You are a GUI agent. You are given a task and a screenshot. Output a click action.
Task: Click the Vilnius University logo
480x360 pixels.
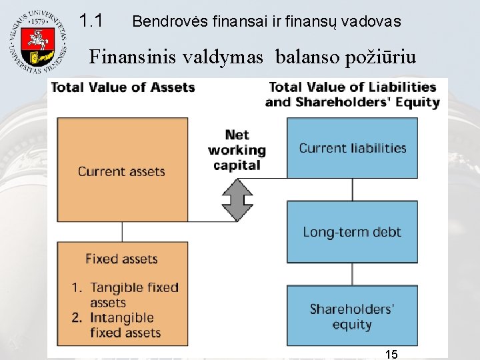pyautogui.click(x=38, y=42)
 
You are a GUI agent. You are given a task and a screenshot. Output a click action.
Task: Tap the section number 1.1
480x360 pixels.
pyautogui.click(x=91, y=21)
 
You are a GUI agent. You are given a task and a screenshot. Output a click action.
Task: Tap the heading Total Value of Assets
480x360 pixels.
pyautogui.click(x=123, y=87)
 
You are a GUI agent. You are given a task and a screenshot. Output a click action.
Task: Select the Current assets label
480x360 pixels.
pyautogui.click(x=121, y=171)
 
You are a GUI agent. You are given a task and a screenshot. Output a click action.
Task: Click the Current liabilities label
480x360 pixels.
pyautogui.click(x=352, y=148)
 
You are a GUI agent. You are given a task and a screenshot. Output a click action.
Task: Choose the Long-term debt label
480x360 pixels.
pyautogui.click(x=352, y=232)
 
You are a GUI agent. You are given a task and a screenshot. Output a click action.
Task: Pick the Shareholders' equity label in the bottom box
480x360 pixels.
pyautogui.click(x=352, y=317)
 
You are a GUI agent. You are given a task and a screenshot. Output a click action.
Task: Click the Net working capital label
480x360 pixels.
pyautogui.click(x=237, y=150)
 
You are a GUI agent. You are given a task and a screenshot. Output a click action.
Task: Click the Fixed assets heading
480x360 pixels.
pyautogui.click(x=121, y=259)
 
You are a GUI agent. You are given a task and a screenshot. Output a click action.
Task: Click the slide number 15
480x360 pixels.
pyautogui.click(x=391, y=354)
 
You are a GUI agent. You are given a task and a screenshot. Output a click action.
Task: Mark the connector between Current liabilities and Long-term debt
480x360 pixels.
pyautogui.click(x=353, y=190)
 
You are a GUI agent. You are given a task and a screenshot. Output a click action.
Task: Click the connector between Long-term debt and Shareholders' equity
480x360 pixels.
pyautogui.click(x=353, y=274)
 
